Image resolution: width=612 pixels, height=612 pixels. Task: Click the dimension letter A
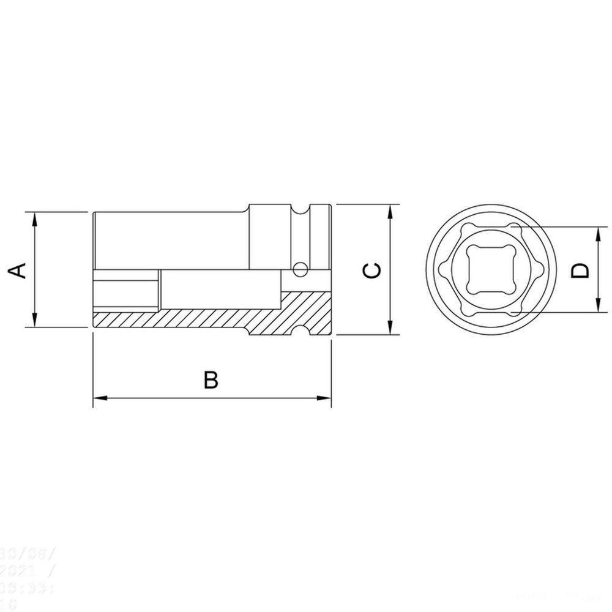[20, 270]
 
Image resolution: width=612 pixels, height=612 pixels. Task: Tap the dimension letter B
[211, 379]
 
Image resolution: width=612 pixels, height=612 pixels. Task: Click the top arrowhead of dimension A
[35, 218]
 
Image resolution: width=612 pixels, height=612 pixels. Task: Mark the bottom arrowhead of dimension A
[35, 321]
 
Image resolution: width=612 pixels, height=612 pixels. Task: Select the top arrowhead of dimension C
[390, 211]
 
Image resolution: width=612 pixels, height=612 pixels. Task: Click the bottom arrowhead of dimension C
[390, 328]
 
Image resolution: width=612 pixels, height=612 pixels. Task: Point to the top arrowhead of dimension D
[597, 233]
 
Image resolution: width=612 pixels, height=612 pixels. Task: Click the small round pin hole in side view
[300, 268]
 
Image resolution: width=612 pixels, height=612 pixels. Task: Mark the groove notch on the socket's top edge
[300, 210]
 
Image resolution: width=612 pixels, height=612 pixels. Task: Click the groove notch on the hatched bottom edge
[300, 331]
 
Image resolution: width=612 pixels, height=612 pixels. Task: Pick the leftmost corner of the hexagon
[438, 270]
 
